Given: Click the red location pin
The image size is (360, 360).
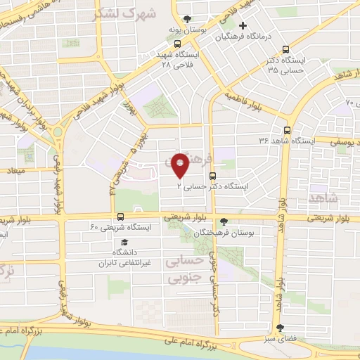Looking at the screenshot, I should pos(181,165).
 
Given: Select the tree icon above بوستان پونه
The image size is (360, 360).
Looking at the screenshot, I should pos(186,19).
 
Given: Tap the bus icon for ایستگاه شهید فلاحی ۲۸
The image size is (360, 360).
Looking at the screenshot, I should pos(193,40).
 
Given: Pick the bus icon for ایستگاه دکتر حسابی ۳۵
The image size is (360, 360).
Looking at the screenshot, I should pos(285,49).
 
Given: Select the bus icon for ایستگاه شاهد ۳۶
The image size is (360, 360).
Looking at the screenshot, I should pos(286,130).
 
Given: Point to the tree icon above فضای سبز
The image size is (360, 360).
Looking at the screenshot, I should pos(281,328).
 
